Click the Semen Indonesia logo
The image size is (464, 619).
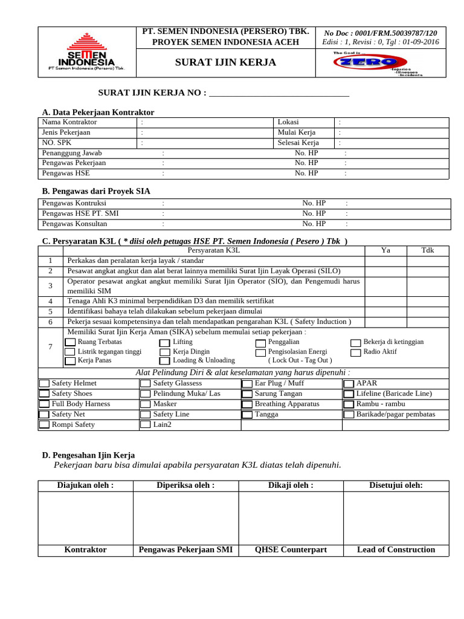[x=86, y=52]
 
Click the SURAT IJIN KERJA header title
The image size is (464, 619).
[x=225, y=62]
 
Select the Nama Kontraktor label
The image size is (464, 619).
[x=69, y=122]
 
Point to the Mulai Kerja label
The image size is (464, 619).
[x=298, y=132]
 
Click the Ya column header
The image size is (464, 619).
[x=385, y=250]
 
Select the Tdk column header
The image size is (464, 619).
[x=428, y=250]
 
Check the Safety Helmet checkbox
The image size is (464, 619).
[x=45, y=384]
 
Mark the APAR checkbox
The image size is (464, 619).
[x=349, y=384]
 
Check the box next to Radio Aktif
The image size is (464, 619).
[x=356, y=352]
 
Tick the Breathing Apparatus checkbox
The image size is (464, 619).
[x=247, y=404]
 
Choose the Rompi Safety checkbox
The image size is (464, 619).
[x=45, y=425]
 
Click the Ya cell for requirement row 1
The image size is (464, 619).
[x=385, y=261]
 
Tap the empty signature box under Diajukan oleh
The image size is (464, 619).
[x=85, y=518]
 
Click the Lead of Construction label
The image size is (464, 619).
[x=396, y=550]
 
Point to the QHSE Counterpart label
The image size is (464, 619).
[x=291, y=550]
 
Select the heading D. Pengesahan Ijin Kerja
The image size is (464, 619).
[x=88, y=455]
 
